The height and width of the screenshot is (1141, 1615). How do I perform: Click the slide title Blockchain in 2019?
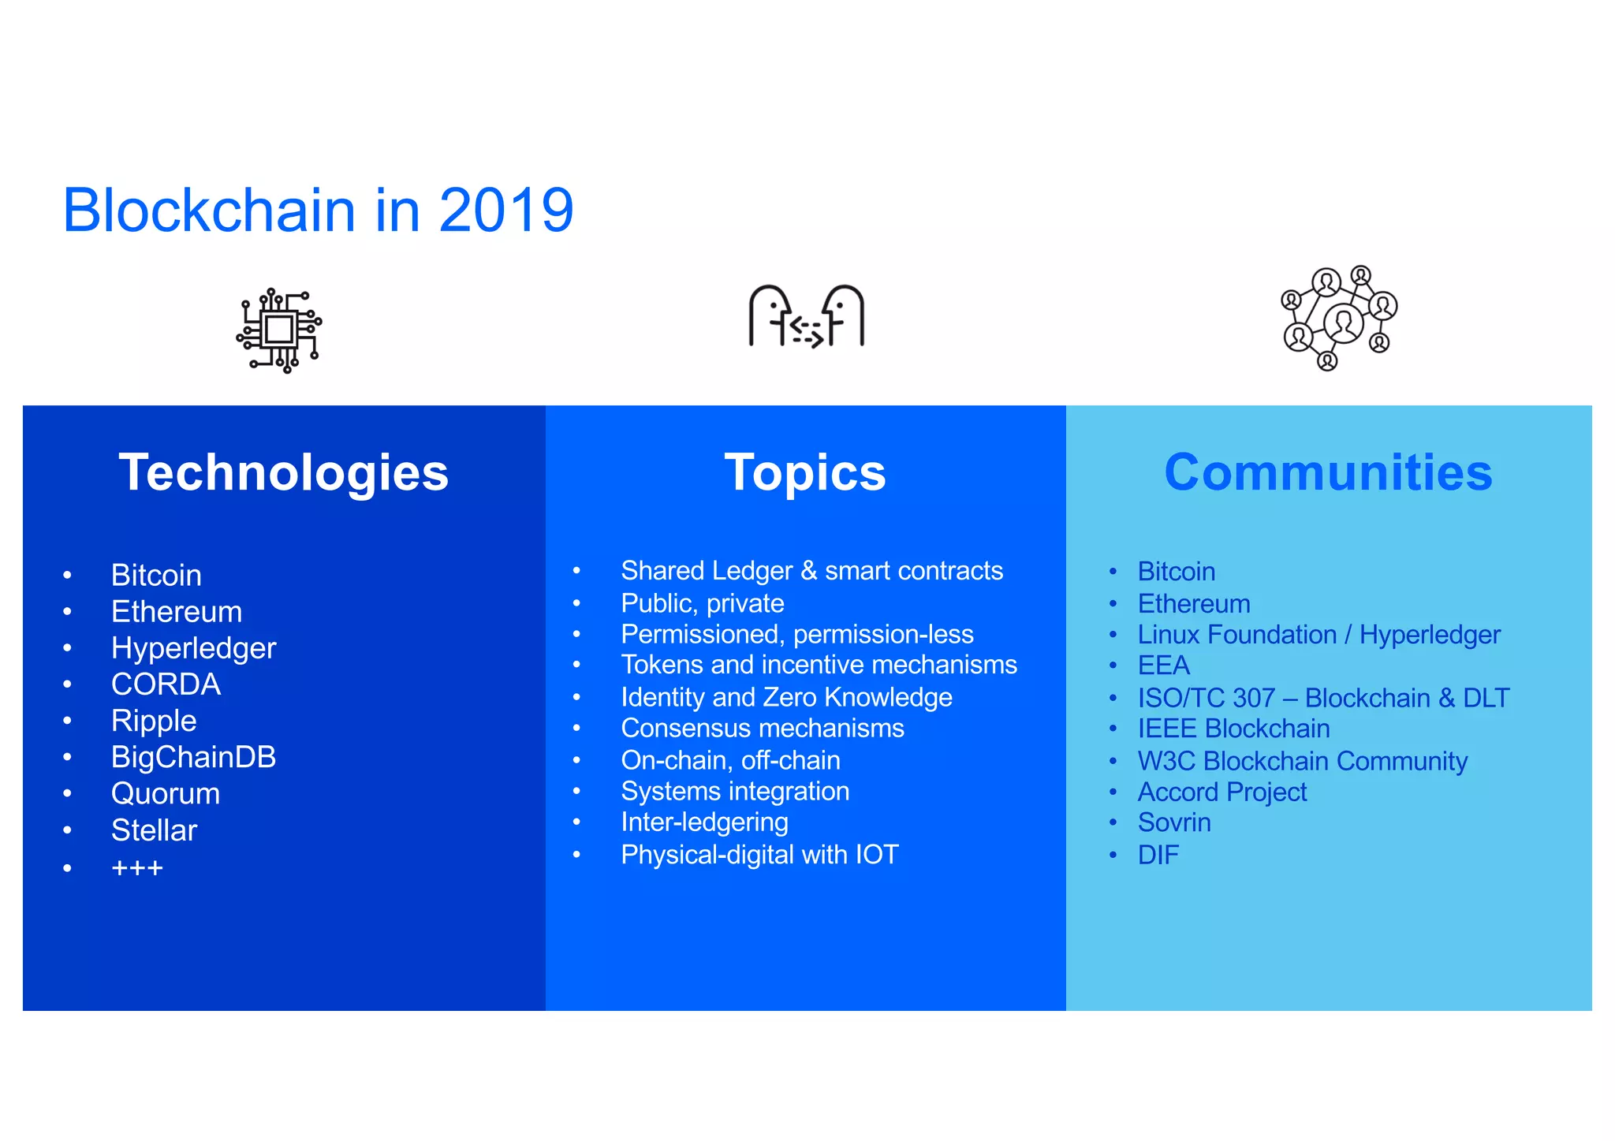[x=318, y=211]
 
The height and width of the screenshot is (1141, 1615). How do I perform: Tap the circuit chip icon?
[x=279, y=330]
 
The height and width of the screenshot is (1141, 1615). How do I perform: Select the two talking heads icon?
[x=806, y=317]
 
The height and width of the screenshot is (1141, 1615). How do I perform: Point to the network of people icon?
[x=1338, y=318]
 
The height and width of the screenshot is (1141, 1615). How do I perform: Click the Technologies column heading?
[x=283, y=472]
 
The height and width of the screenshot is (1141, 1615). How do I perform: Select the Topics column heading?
[x=805, y=472]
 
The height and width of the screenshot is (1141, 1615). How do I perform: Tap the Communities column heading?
[x=1328, y=472]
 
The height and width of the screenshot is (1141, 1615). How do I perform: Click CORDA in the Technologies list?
[x=166, y=684]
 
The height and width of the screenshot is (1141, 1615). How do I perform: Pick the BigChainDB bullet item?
[x=193, y=757]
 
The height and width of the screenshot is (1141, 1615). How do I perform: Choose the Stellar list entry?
[x=154, y=830]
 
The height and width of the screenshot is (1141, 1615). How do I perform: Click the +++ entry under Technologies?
[x=137, y=868]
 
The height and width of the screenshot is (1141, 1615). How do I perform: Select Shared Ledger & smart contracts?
[x=811, y=570]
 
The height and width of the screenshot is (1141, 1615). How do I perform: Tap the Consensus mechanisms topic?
[x=762, y=728]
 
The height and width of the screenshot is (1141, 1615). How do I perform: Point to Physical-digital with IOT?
[x=759, y=855]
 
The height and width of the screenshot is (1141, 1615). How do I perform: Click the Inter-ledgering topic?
[x=704, y=822]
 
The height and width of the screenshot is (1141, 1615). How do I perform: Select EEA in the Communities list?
[x=1163, y=666]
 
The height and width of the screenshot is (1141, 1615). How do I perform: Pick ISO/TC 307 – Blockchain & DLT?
[x=1322, y=698]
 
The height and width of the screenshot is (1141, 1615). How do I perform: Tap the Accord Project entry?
[x=1222, y=792]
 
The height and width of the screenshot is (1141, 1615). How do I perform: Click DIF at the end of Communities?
[x=1158, y=855]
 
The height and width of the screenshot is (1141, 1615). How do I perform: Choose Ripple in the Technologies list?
[x=154, y=721]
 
